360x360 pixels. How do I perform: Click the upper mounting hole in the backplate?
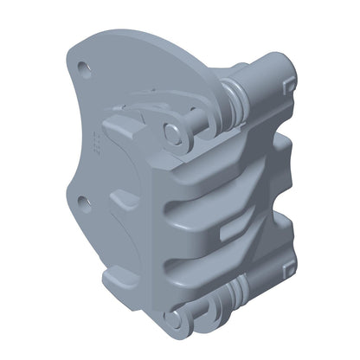83,66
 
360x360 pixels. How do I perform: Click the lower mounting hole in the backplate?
83,202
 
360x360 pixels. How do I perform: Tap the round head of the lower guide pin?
176,320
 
